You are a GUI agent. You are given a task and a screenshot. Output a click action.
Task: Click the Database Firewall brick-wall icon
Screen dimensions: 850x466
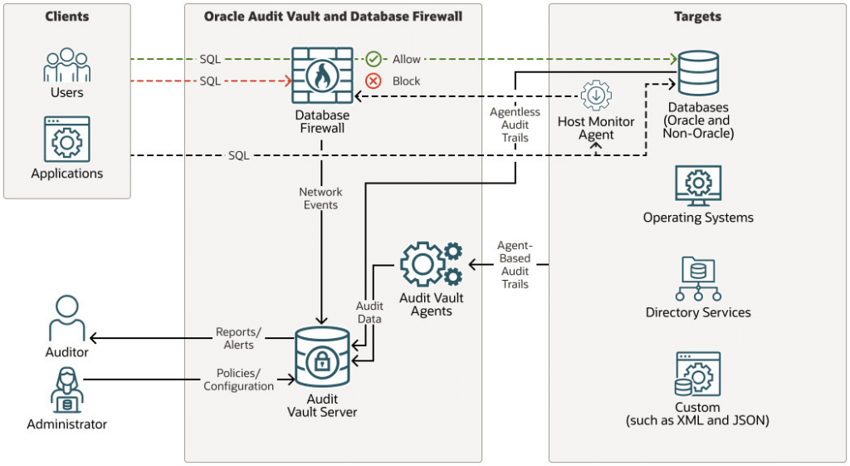322,75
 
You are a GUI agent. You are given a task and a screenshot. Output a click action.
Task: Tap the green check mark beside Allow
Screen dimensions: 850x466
374,59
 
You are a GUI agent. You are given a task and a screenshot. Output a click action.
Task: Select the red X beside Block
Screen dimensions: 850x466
373,81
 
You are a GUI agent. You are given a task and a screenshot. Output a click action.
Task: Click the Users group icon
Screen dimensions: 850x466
66,65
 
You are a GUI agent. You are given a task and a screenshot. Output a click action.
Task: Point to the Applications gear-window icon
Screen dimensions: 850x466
66,139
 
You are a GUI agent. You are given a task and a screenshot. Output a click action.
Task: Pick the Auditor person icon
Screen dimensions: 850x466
66,318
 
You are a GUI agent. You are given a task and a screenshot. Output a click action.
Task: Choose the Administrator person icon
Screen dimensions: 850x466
66,390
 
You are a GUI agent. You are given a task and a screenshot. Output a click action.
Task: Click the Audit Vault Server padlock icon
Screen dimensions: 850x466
322,356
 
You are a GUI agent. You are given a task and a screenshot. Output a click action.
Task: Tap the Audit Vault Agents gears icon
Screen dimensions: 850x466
431,263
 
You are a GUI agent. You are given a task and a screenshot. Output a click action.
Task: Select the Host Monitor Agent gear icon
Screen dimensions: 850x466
596,96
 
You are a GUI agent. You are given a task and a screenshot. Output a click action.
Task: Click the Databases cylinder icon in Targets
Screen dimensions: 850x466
698,73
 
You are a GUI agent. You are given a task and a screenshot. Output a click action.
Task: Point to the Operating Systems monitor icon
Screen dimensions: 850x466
698,185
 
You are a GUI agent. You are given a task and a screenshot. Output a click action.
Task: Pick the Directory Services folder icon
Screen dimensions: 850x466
698,279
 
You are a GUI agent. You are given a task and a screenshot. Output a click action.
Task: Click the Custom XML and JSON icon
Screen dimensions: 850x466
697,375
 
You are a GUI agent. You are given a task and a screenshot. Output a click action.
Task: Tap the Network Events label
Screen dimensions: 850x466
321,199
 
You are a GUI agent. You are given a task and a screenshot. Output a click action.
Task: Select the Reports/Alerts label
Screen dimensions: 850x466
238,339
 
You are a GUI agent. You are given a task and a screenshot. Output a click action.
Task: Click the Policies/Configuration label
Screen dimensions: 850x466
238,380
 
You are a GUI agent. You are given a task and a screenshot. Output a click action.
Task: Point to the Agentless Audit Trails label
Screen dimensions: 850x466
515,125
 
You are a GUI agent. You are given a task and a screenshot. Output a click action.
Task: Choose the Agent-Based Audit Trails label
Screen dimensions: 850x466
515,265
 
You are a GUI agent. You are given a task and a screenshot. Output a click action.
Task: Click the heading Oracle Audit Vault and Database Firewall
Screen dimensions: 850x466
333,17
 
